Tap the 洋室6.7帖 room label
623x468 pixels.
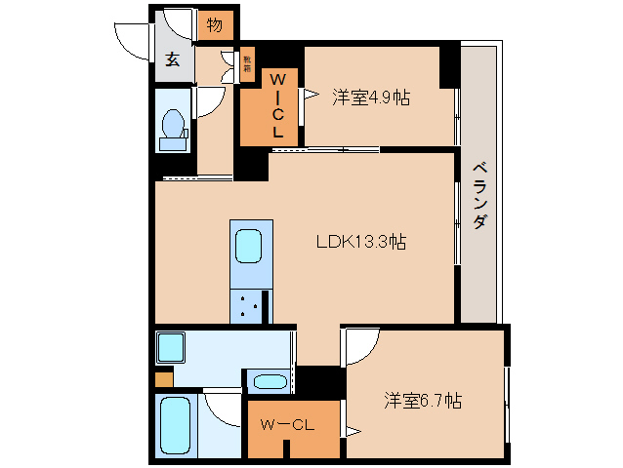click(422, 401)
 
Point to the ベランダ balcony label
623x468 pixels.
click(479, 195)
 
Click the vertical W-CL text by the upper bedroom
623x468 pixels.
click(276, 104)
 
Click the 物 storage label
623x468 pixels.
click(214, 25)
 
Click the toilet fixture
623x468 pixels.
click(173, 128)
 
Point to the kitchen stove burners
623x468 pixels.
click(249, 306)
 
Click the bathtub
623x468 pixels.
click(176, 425)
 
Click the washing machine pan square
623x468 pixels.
click(172, 346)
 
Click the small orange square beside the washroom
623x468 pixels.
click(164, 378)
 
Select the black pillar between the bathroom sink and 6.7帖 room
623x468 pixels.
click(317, 379)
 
